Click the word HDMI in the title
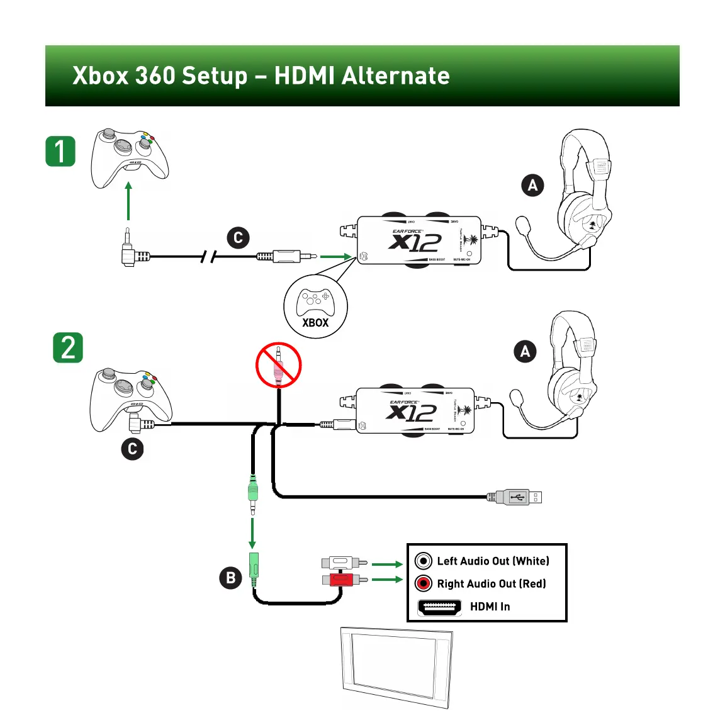(x=304, y=76)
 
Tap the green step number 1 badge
(x=60, y=152)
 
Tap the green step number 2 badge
(x=68, y=348)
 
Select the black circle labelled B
(x=230, y=578)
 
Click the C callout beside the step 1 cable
(x=238, y=238)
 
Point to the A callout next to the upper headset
(x=532, y=185)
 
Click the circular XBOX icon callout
(x=315, y=306)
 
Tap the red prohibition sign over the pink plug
(x=278, y=365)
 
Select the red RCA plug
(x=344, y=578)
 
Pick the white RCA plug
(x=344, y=562)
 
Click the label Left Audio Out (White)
(x=493, y=561)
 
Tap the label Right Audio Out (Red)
(x=492, y=583)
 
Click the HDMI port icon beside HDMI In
(x=439, y=607)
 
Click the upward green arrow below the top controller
(x=128, y=201)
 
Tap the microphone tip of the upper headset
(x=522, y=224)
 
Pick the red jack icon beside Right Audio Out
(x=424, y=583)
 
